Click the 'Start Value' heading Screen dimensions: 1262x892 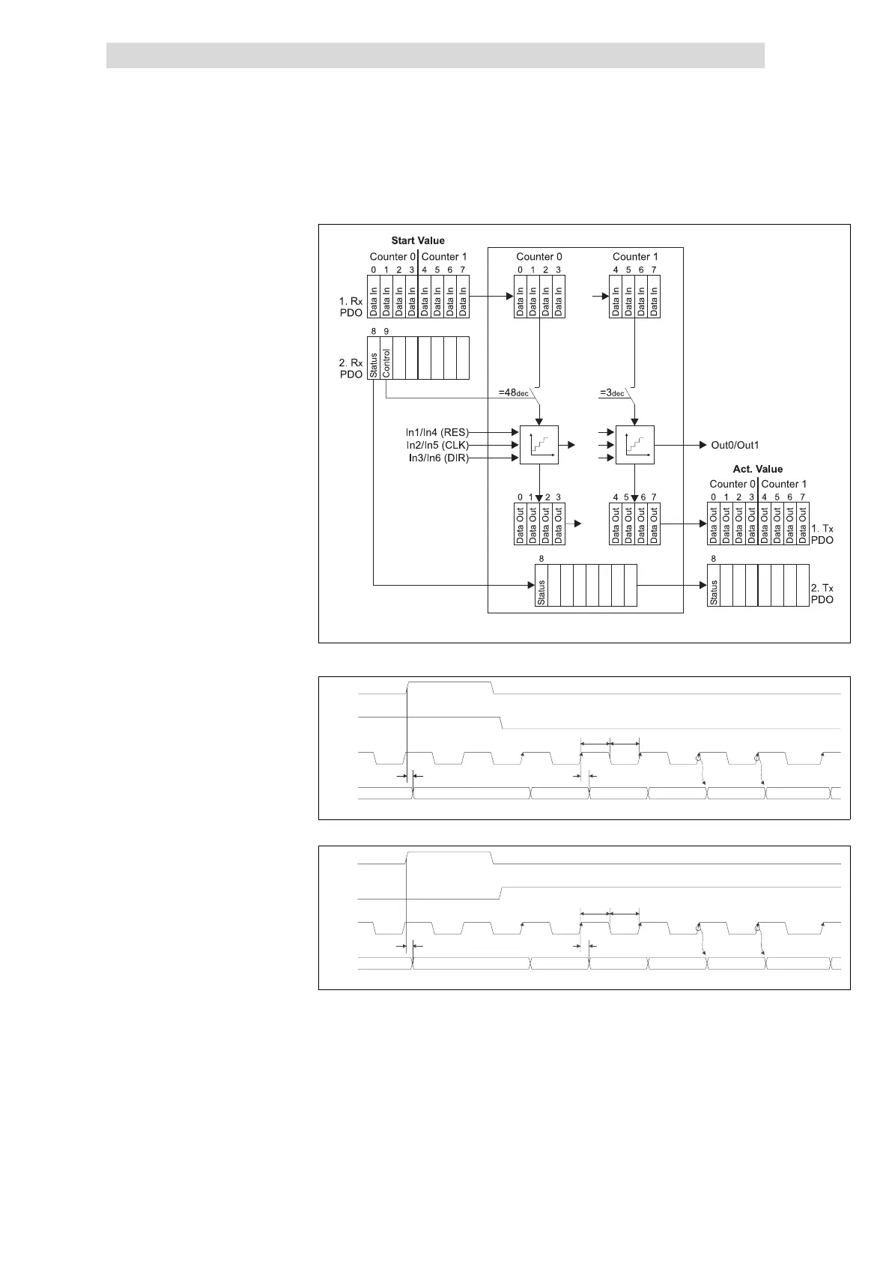[x=418, y=241]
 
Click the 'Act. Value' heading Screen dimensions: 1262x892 [x=757, y=469]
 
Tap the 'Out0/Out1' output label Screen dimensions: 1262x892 [x=735, y=445]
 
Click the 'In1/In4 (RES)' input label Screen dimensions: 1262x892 [x=437, y=432]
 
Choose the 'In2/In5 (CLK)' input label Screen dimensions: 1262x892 [x=437, y=445]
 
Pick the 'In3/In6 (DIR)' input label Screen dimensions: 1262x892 [x=437, y=458]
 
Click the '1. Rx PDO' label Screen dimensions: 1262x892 [x=351, y=306]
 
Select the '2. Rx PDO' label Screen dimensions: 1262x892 [x=351, y=368]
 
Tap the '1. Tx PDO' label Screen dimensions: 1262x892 [x=822, y=534]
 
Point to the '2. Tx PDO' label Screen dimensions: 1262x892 [x=822, y=594]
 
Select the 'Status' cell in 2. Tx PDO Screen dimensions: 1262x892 [x=714, y=592]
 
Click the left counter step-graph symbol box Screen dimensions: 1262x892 [x=538, y=445]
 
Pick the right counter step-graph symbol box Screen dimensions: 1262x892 [x=634, y=445]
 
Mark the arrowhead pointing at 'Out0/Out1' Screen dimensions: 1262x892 [x=702, y=445]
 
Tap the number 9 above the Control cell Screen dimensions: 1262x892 [x=386, y=331]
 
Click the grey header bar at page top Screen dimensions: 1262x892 [x=435, y=55]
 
